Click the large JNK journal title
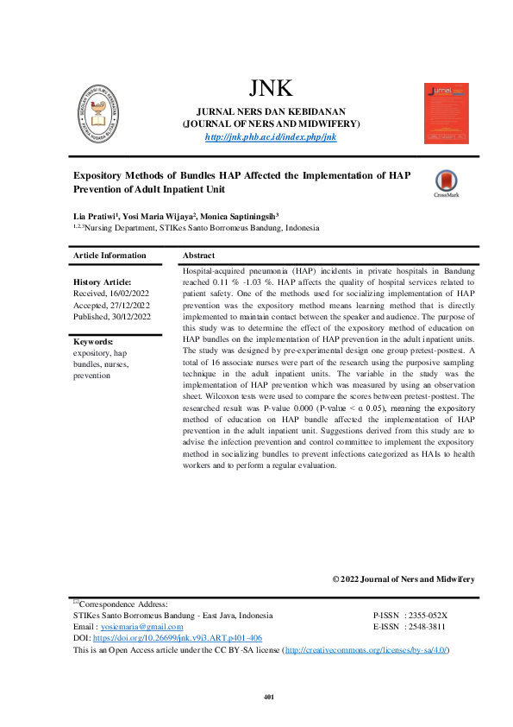[271, 88]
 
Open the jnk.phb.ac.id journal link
[271, 137]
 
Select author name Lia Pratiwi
[97, 214]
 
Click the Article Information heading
[109, 256]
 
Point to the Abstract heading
[198, 256]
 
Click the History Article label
[103, 282]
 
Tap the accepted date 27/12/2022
[128, 305]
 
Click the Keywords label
[95, 342]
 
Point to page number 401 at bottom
[268, 697]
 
